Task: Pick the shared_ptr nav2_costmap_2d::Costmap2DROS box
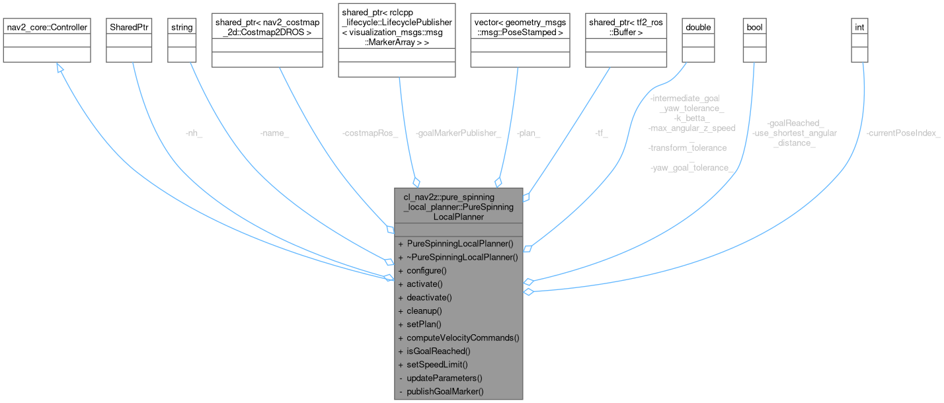pyautogui.click(x=267, y=41)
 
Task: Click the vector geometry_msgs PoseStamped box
pyautogui.click(x=519, y=41)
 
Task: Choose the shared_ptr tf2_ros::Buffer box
pyautogui.click(x=627, y=41)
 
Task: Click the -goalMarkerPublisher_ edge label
pyautogui.click(x=449, y=133)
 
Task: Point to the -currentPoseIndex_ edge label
pyautogui.click(x=903, y=133)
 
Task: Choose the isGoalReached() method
pyautogui.click(x=438, y=351)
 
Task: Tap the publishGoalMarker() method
pyautogui.click(x=445, y=391)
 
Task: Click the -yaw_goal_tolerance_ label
pyautogui.click(x=692, y=168)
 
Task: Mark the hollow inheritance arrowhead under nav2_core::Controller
pyautogui.click(x=60, y=68)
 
